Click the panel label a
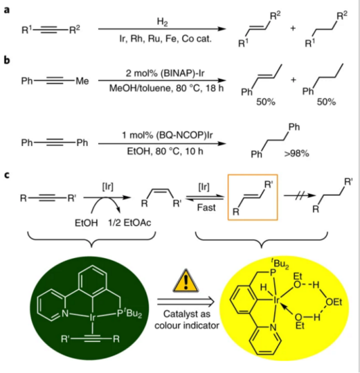coord(7,10)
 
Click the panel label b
coord(7,60)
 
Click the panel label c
coord(7,175)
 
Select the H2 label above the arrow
coord(162,22)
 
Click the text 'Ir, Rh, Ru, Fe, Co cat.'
coord(165,39)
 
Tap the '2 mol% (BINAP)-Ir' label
coord(165,73)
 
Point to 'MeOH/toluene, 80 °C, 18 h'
coord(166,89)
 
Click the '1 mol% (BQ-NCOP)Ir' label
coord(168,135)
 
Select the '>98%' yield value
coord(296,154)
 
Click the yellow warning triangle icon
coord(186,281)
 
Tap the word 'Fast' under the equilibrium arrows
coord(206,208)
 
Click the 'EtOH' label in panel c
coord(86,223)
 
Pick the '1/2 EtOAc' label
coord(129,223)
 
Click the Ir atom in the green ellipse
coord(92,318)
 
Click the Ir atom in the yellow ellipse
coord(276,300)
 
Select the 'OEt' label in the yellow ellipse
coord(334,302)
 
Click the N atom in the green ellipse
coord(65,313)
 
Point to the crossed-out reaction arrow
coord(300,196)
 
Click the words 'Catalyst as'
coord(187,314)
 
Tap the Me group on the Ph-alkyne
coord(82,81)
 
